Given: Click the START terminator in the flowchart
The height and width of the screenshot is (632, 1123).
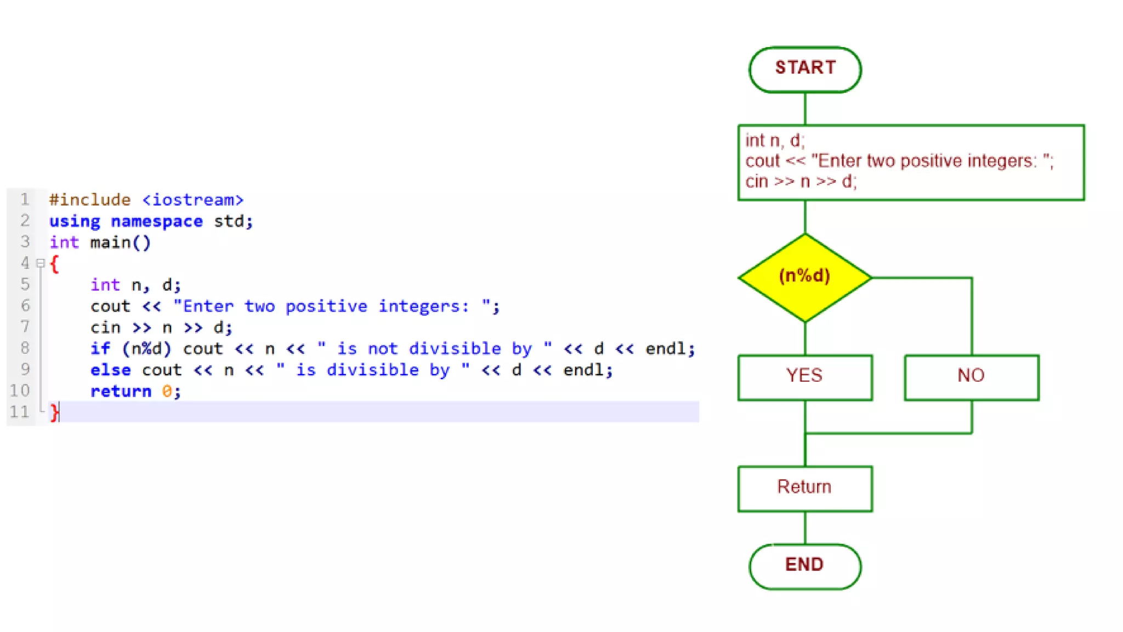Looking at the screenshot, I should tap(804, 69).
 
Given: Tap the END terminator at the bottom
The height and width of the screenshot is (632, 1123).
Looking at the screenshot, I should tap(804, 566).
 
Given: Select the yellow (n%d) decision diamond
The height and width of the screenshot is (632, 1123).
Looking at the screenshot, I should tap(804, 277).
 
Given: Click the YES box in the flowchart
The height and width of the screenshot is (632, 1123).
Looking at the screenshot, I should tap(804, 377).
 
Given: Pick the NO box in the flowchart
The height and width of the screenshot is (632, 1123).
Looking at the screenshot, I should tap(971, 377).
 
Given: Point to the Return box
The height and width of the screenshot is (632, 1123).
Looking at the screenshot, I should tap(804, 488).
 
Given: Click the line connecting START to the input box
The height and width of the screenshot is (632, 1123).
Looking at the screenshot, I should tap(805, 109).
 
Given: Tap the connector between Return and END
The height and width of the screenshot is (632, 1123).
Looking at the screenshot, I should tap(805, 528).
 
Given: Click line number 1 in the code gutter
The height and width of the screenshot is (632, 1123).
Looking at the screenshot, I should tap(25, 199).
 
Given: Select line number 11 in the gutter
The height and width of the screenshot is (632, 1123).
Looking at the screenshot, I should tap(20, 411).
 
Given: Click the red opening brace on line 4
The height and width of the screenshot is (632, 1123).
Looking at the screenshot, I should tap(54, 264).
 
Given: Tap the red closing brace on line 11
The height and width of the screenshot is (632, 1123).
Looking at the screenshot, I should tap(54, 412).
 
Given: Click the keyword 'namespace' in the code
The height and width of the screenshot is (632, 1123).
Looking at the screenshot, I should tap(157, 221).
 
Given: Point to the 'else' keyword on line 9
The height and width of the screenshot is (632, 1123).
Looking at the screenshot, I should tap(111, 370).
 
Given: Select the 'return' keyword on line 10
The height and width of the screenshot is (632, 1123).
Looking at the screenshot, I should tap(121, 391).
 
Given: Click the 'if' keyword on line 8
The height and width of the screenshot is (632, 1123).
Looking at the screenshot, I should tap(100, 348).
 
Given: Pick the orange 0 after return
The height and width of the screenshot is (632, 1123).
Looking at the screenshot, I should tap(167, 391).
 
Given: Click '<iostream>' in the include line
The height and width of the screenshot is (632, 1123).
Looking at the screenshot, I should tap(193, 200).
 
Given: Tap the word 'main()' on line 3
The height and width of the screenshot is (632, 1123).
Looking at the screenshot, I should tap(121, 242).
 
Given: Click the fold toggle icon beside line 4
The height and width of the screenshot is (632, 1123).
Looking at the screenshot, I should tap(41, 263).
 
